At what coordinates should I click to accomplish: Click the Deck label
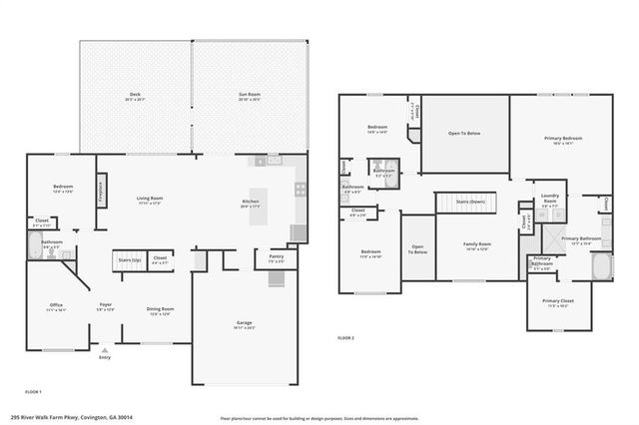coord(135,96)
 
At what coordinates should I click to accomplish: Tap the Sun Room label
coord(249,96)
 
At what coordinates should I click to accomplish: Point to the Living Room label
coord(150,201)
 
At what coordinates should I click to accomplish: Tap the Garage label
coord(246,324)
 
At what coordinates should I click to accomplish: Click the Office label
coord(57,307)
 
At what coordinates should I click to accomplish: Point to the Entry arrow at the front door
coord(104,350)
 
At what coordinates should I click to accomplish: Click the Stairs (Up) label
coord(130,259)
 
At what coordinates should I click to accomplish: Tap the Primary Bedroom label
coord(564,139)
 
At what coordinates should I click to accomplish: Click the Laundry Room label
coord(549,198)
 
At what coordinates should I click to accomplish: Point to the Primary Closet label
coord(556,301)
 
